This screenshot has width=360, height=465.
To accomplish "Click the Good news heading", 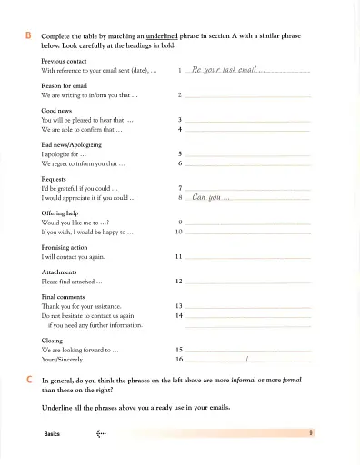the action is click(57, 109).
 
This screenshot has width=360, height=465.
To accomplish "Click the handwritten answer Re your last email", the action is click(224, 70).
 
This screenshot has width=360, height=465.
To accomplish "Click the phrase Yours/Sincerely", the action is click(68, 360).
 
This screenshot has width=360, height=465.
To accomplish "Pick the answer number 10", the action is click(179, 232).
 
